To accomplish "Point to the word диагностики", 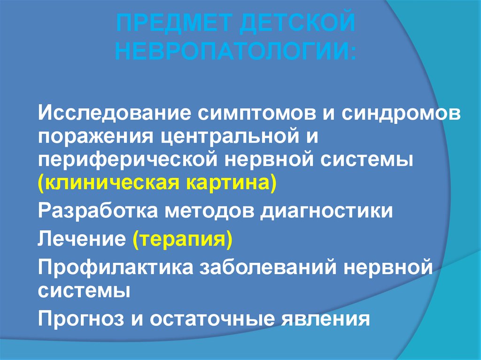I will point(325,210).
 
